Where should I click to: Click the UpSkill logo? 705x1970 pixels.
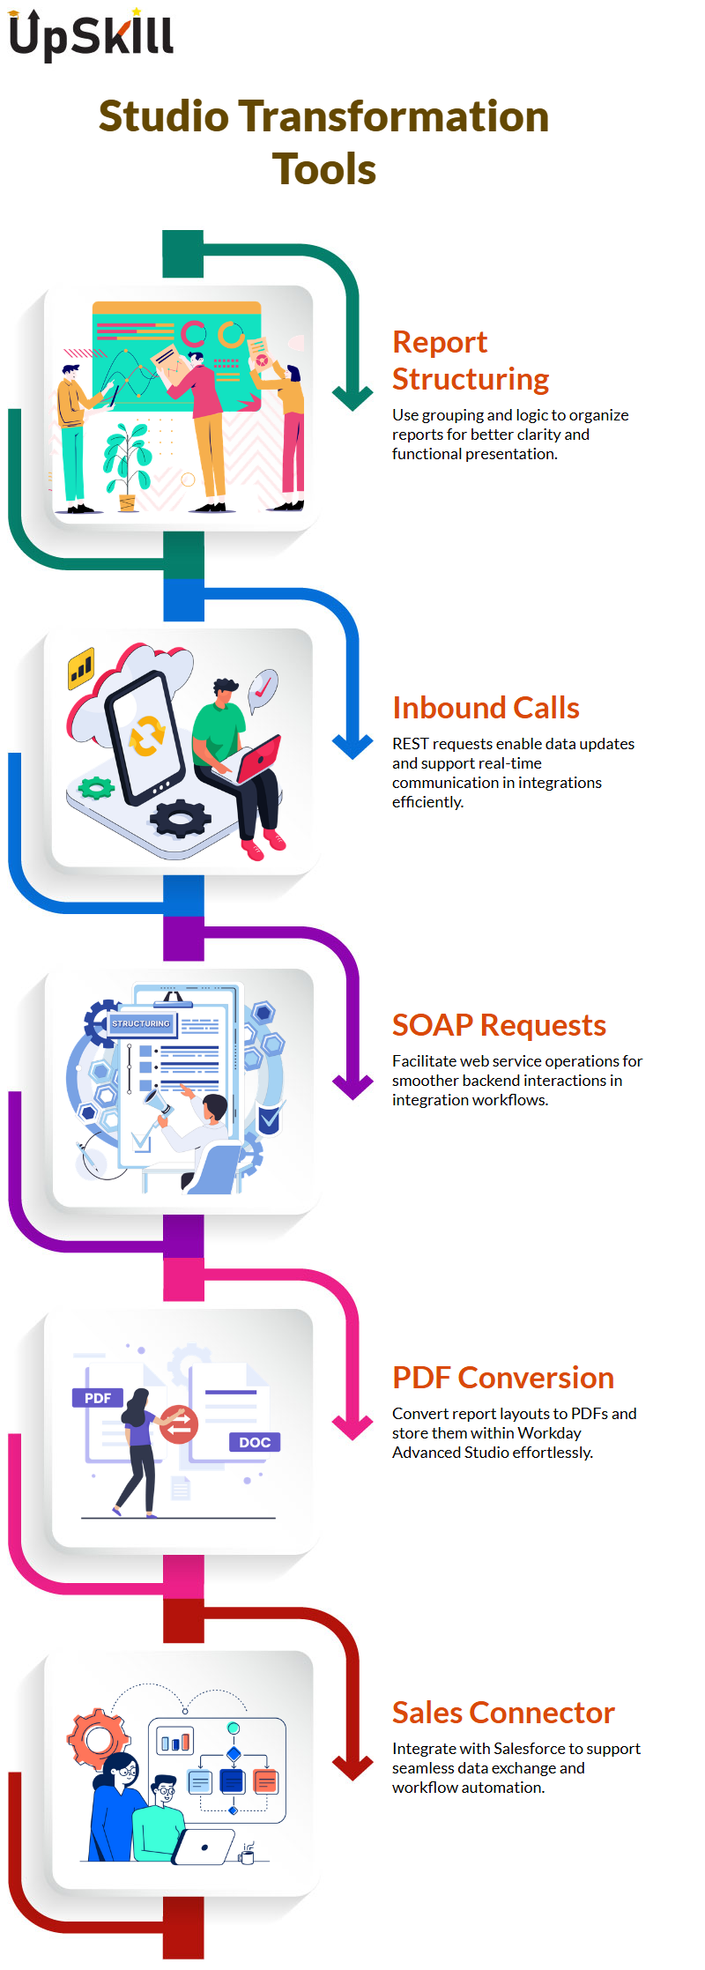click(x=91, y=35)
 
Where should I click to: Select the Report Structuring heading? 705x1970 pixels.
click(x=471, y=360)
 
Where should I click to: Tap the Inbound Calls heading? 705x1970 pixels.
click(x=486, y=708)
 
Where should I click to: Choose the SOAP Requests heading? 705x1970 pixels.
click(x=499, y=1025)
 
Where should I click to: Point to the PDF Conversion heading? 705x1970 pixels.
click(x=503, y=1377)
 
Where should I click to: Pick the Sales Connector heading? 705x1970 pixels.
click(x=503, y=1712)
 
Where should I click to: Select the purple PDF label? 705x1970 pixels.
click(x=97, y=1398)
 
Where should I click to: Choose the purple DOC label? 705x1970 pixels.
click(x=255, y=1442)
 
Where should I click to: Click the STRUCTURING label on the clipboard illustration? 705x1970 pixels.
click(x=141, y=1023)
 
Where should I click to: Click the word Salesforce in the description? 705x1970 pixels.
click(x=530, y=1748)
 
